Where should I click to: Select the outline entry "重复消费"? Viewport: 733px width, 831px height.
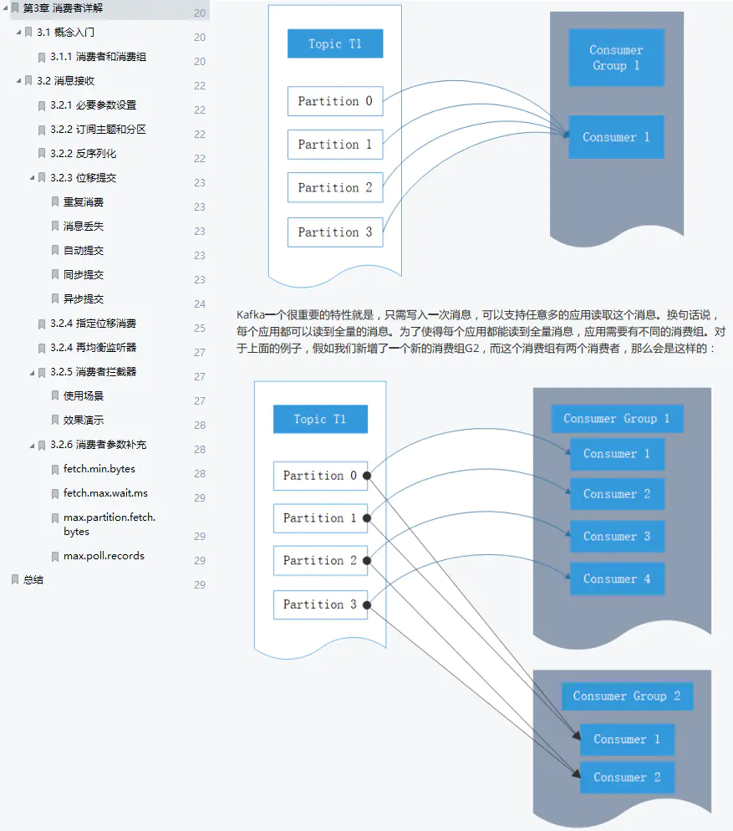83,202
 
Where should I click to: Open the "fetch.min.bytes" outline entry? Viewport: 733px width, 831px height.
99,469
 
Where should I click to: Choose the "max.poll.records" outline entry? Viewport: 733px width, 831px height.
104,556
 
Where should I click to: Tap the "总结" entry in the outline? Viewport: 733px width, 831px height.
33,579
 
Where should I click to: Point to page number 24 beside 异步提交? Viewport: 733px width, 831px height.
200,304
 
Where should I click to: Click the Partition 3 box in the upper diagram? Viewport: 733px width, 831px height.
334,232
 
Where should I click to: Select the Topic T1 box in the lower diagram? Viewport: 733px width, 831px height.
320,419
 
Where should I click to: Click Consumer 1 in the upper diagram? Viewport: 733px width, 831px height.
616,137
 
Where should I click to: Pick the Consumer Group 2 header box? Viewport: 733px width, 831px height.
627,696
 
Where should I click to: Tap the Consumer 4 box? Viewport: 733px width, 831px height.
617,579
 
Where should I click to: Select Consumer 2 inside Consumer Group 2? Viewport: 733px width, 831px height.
627,777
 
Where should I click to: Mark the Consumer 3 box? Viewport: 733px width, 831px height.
617,536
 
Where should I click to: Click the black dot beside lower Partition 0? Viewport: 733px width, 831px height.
367,476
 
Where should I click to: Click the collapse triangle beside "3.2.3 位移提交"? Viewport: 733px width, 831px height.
32,178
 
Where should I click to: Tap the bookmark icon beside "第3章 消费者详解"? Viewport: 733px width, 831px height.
14,8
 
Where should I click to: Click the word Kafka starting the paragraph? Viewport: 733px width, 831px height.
251,315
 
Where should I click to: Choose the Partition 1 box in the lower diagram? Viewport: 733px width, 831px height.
320,518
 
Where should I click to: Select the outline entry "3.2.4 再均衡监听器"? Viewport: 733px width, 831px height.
93,348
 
